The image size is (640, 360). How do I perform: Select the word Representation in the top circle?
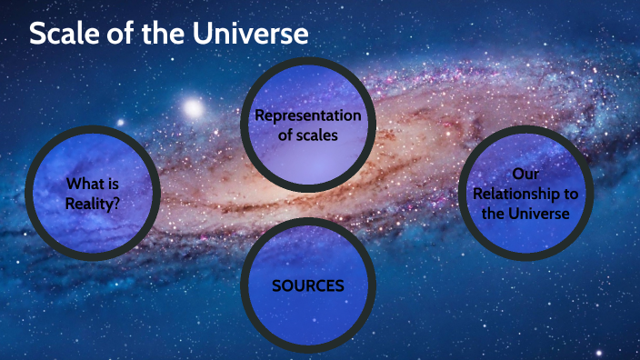[307, 115]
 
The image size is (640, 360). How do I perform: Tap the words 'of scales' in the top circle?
[307, 135]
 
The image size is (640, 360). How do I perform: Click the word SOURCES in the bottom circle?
[308, 285]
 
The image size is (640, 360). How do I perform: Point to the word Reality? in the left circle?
[94, 203]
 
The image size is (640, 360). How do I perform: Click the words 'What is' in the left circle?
[93, 184]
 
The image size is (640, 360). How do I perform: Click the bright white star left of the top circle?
[192, 108]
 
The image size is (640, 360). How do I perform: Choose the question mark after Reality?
[118, 203]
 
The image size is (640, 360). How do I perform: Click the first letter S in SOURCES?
[276, 285]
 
